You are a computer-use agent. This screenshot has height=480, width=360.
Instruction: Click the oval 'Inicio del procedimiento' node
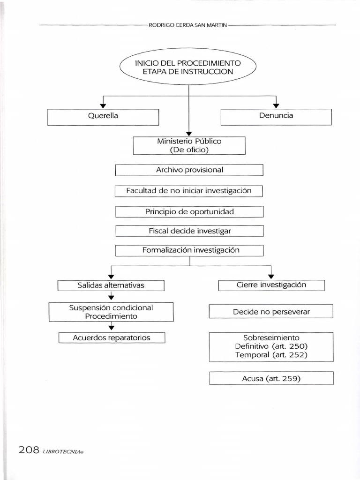point(188,67)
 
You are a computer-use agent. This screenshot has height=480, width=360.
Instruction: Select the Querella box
point(103,116)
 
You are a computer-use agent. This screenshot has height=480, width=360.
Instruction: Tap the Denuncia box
point(276,116)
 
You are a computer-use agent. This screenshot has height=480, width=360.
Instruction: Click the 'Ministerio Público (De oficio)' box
point(189,145)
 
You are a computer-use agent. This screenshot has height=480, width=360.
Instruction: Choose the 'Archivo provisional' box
point(189,170)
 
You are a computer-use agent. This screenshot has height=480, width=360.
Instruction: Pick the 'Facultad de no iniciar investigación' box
point(189,191)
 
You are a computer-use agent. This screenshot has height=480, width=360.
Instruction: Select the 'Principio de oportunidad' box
point(189,212)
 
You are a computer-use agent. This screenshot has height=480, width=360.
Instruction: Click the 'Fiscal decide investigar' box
point(189,231)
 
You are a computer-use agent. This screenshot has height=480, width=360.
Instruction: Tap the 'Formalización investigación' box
point(189,250)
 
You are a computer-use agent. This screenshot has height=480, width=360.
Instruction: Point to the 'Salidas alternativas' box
point(111,285)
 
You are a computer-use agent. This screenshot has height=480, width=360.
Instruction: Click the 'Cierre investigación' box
point(271,285)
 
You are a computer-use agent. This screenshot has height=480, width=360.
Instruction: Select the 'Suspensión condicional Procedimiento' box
point(111,312)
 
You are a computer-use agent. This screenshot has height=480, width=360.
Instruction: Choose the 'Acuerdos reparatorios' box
point(112,337)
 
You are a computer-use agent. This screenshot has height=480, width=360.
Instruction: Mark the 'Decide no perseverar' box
point(271,312)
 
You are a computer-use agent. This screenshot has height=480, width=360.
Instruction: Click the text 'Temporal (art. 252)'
point(271,355)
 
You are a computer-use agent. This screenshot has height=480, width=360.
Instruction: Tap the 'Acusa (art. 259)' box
point(271,378)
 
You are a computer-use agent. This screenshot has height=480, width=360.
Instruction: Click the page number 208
point(29,450)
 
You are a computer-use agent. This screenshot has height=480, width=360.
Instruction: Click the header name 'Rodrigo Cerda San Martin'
point(188,25)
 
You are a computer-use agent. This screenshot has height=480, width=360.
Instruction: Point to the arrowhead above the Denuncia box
point(276,105)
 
